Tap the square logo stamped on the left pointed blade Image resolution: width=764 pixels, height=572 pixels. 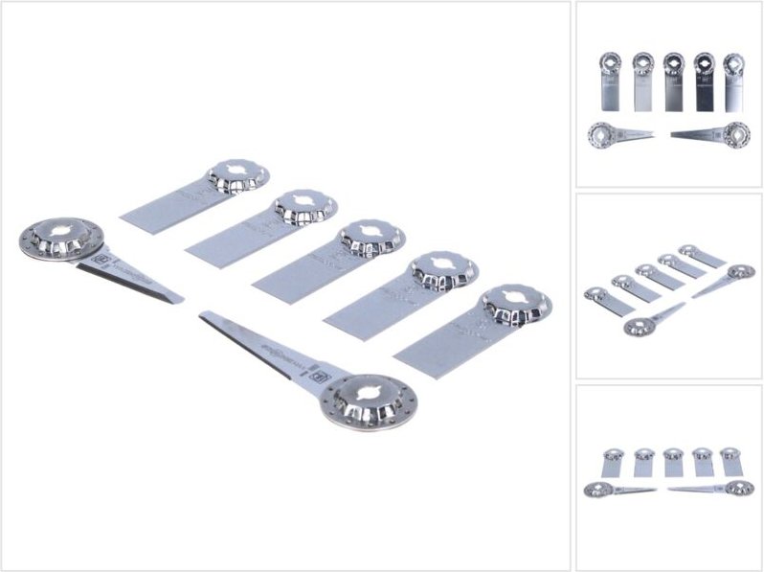98,258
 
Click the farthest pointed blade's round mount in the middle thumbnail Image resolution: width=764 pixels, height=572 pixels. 738,272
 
